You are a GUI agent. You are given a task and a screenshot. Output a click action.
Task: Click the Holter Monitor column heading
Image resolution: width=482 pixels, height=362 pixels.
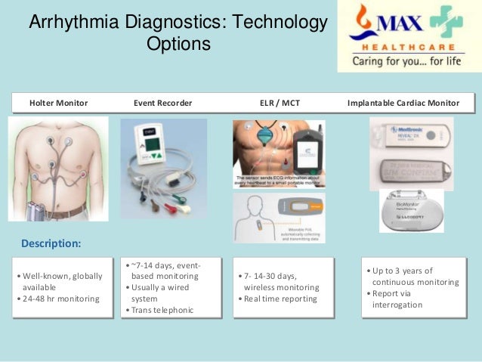[x=58, y=103]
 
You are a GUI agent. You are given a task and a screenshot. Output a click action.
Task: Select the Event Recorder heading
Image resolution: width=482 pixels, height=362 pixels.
[x=162, y=103]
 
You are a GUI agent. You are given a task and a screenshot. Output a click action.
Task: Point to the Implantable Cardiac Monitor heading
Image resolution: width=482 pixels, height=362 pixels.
[x=404, y=103]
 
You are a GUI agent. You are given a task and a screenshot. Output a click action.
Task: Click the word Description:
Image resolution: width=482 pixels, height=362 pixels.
[x=51, y=244]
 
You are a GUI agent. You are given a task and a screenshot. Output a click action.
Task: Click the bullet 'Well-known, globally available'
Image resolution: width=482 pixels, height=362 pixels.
[x=62, y=282]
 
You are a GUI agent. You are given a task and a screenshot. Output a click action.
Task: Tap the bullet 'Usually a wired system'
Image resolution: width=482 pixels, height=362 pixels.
[x=162, y=293]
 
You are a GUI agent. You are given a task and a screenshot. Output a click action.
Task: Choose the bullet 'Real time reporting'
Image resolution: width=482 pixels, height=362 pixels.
[x=280, y=299]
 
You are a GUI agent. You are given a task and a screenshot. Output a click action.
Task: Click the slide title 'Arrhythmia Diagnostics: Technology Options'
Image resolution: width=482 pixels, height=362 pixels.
[x=178, y=34]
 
